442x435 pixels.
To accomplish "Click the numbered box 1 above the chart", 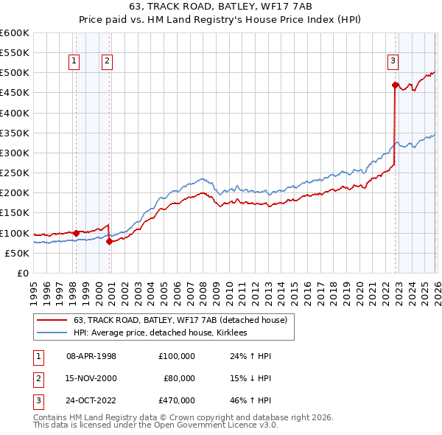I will click(x=74, y=62).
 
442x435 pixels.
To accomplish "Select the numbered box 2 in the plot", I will click(x=107, y=62).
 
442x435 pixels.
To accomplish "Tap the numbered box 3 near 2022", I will click(x=393, y=62).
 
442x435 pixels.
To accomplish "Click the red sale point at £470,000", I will click(x=395, y=86).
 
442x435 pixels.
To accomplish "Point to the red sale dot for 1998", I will click(x=76, y=233).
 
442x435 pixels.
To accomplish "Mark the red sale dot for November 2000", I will click(x=110, y=241).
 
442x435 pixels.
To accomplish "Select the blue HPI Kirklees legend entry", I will click(x=164, y=333).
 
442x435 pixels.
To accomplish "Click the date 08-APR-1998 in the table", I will click(x=91, y=356).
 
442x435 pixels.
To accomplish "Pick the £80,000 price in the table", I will click(x=180, y=378).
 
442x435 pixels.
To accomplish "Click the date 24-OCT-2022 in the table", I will click(x=91, y=401).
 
